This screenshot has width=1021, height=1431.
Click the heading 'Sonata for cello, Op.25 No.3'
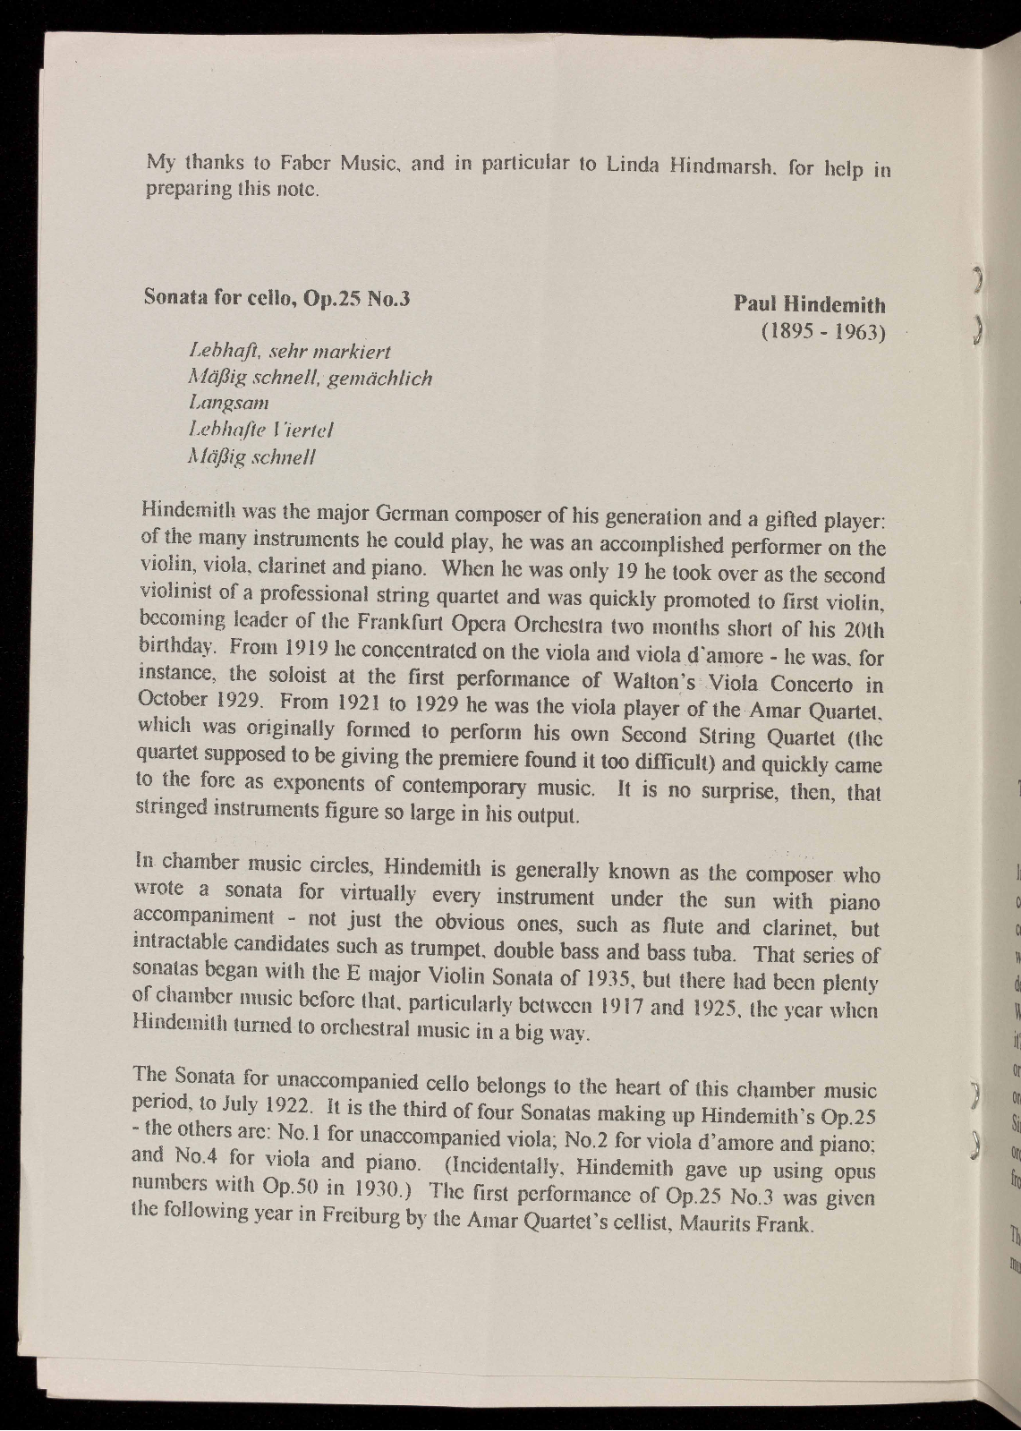(x=277, y=298)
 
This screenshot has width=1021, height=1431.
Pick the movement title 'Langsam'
(x=229, y=404)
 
